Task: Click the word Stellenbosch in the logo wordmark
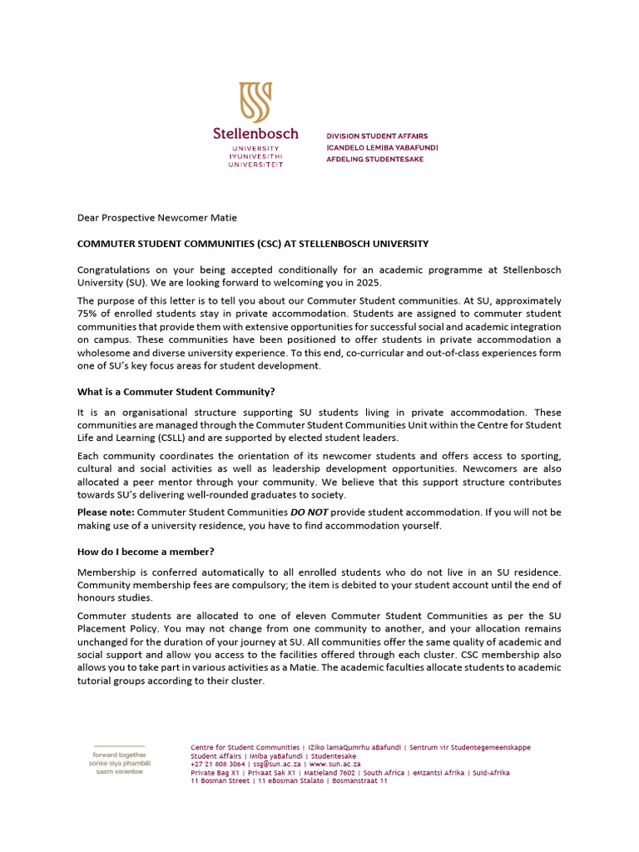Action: (255, 133)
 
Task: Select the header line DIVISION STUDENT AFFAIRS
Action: (377, 136)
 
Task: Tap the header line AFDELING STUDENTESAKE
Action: (374, 159)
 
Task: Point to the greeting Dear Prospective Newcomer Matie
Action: (156, 218)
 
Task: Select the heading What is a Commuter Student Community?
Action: (176, 392)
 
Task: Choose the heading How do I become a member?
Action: (146, 552)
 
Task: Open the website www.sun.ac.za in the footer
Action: (334, 764)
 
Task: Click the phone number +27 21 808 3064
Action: (218, 764)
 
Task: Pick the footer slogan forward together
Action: (119, 755)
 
